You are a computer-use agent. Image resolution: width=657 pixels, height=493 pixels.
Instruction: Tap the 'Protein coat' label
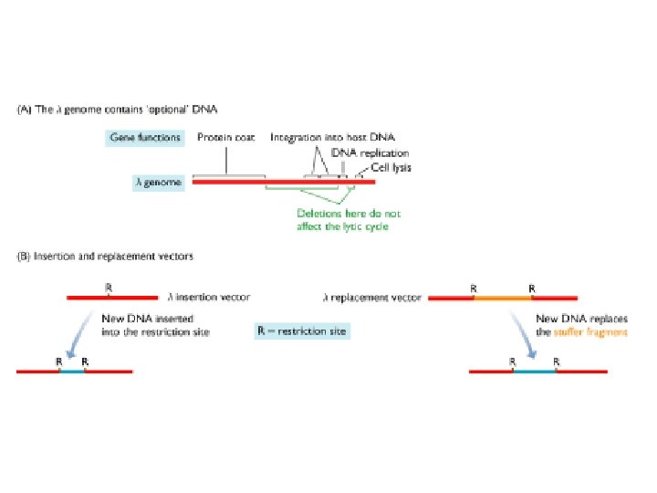(x=227, y=138)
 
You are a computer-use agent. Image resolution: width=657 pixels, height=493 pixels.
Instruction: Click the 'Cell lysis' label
(x=391, y=167)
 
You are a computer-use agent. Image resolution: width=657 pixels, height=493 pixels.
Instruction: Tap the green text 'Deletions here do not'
(x=349, y=214)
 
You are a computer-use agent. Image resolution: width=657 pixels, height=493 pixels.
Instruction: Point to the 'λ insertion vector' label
(x=209, y=297)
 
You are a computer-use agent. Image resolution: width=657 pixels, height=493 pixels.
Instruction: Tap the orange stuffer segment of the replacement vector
(x=503, y=297)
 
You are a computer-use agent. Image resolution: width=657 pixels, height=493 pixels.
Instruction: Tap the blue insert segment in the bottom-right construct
(x=535, y=372)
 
